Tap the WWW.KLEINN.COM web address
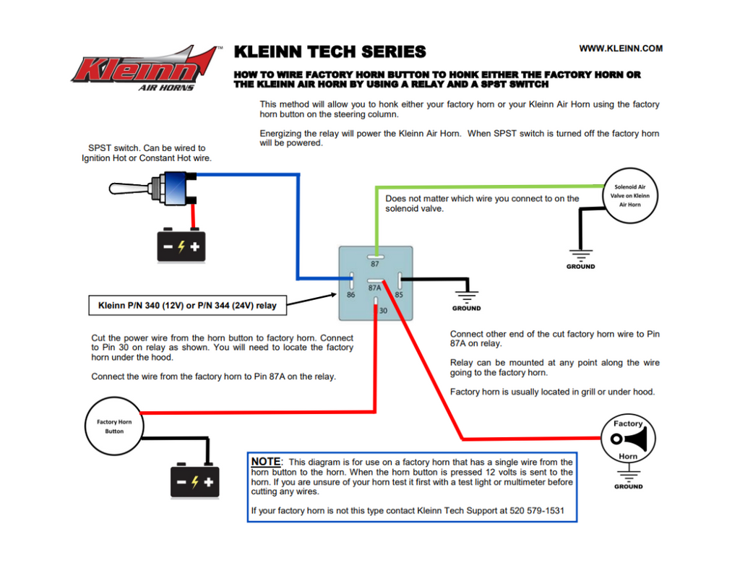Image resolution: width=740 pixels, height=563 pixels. (x=621, y=48)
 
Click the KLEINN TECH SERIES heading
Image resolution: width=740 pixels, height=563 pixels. (x=330, y=52)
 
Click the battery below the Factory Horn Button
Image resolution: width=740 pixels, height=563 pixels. (x=194, y=481)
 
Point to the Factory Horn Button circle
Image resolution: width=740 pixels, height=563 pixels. (x=114, y=426)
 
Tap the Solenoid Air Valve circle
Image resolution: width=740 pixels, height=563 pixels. (x=631, y=195)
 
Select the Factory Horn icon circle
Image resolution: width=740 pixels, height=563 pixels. (x=628, y=439)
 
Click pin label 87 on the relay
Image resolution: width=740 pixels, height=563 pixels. (x=375, y=264)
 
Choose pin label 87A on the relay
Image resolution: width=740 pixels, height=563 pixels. (x=374, y=288)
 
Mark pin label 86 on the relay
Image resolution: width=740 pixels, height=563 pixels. (x=350, y=295)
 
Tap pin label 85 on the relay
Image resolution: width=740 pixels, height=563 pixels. (x=398, y=295)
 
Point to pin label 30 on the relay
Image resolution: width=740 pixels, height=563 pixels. (x=382, y=311)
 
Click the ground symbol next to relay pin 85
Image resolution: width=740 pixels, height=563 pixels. (x=466, y=297)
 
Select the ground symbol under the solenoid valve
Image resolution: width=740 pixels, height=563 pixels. (x=580, y=255)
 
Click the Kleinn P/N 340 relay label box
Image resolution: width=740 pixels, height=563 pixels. (x=187, y=305)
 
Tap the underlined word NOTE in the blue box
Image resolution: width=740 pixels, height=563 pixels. (x=265, y=462)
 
